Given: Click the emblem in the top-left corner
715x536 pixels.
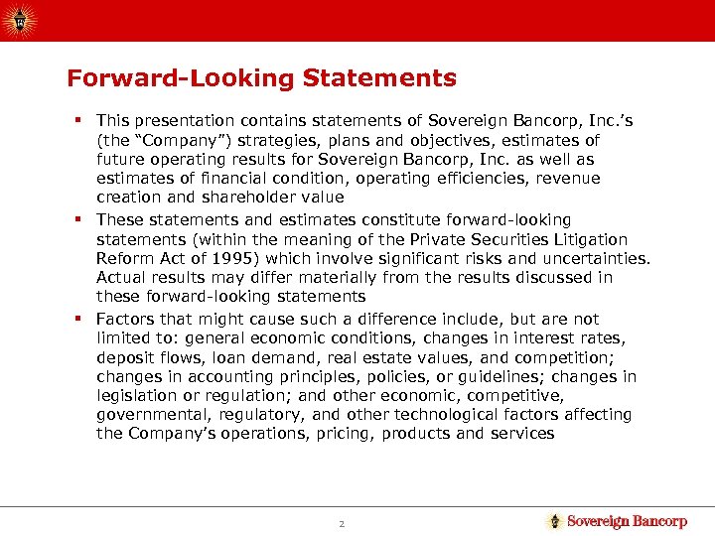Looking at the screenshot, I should tap(20, 18).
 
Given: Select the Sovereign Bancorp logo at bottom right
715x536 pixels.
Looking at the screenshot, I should tap(617, 521).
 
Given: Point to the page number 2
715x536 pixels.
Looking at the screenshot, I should tap(340, 522).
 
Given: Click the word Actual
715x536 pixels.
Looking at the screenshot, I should tap(121, 277).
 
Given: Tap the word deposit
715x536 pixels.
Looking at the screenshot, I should tap(125, 357).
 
